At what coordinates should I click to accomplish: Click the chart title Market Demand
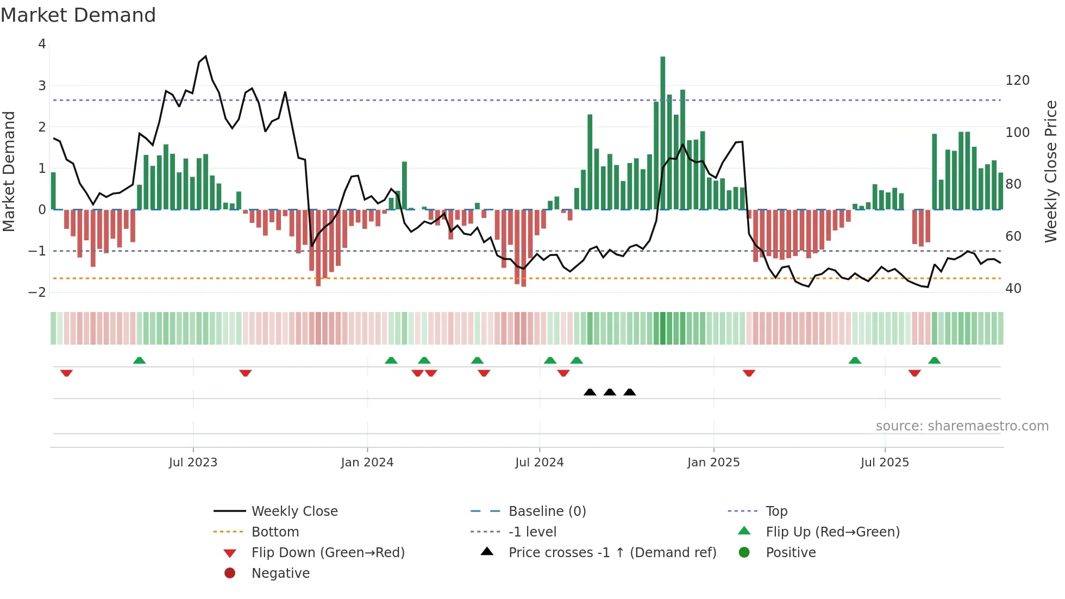78,15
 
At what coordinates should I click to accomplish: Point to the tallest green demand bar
662,133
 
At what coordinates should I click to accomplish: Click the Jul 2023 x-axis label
193,463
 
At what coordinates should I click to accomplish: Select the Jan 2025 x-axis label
713,463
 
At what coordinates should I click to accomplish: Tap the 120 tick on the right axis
1017,80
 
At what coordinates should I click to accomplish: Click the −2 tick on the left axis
37,292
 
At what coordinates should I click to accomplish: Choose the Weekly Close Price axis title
1050,171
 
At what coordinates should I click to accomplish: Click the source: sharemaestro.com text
962,426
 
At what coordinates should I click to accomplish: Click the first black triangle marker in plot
590,392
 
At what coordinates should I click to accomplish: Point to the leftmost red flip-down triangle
66,373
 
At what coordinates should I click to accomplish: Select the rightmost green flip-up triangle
934,360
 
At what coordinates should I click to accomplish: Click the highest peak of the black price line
205,57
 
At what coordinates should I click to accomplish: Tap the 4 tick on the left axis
42,44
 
